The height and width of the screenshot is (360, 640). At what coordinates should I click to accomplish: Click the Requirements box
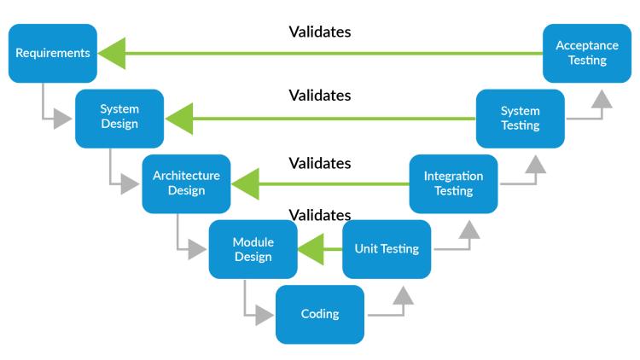[x=53, y=53]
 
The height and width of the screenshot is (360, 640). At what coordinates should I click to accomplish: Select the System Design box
[x=119, y=118]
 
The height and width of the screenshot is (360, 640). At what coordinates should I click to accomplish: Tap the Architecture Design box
[x=186, y=183]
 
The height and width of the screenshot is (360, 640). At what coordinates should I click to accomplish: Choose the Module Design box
[x=253, y=249]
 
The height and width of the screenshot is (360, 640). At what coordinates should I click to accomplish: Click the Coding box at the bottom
[x=320, y=314]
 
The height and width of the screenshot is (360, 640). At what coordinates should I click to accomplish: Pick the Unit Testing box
[x=387, y=249]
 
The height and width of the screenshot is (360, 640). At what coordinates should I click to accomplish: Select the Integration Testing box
[x=453, y=183]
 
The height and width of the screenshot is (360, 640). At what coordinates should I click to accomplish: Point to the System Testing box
[x=520, y=118]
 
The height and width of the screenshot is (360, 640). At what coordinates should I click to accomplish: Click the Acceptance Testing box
[x=586, y=53]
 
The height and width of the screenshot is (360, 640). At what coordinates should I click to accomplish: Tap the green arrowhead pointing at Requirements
[x=112, y=53]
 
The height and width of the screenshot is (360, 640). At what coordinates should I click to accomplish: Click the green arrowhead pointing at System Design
[x=178, y=119]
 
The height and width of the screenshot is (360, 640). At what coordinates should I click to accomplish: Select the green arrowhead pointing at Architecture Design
[x=245, y=183]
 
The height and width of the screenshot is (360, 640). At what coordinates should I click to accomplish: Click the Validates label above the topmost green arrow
[x=320, y=32]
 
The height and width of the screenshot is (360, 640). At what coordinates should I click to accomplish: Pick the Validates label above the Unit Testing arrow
[x=320, y=215]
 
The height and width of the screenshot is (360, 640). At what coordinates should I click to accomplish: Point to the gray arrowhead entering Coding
[x=264, y=315]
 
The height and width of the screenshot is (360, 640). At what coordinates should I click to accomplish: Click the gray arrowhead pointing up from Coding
[x=403, y=296]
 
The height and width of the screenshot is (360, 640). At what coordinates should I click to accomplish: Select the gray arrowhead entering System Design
[x=63, y=119]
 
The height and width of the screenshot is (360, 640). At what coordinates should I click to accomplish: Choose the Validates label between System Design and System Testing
[x=320, y=96]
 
